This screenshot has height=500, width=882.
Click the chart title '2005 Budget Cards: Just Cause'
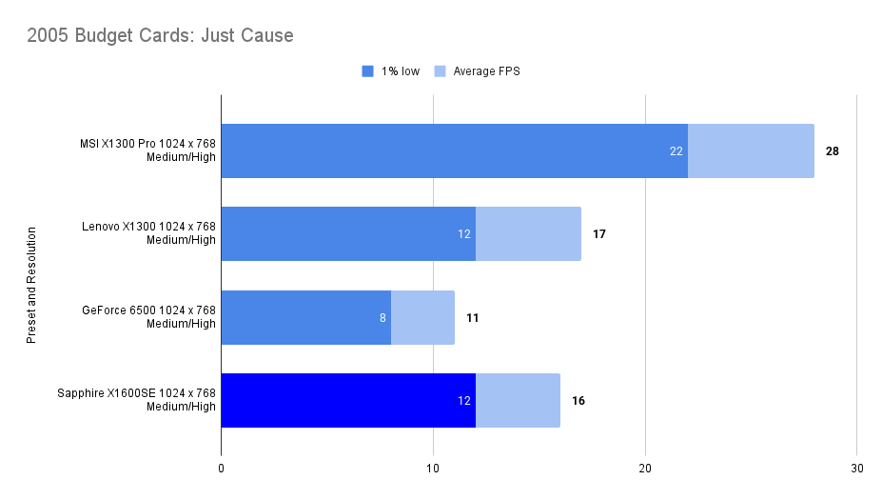pyautogui.click(x=160, y=36)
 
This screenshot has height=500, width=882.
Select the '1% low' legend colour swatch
pyautogui.click(x=368, y=71)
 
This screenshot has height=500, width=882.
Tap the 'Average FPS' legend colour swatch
pyautogui.click(x=440, y=71)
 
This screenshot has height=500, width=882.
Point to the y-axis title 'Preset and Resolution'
pyautogui.click(x=31, y=285)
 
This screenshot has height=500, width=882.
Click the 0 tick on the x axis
pyautogui.click(x=221, y=469)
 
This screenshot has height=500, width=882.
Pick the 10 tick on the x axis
pyautogui.click(x=433, y=469)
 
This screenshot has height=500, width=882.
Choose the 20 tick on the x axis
pyautogui.click(x=645, y=469)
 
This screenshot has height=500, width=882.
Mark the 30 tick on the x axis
pyautogui.click(x=857, y=469)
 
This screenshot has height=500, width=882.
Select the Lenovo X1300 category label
pyautogui.click(x=148, y=233)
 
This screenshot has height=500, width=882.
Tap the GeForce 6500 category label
pyautogui.click(x=148, y=317)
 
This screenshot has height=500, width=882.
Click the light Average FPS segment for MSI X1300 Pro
pyautogui.click(x=751, y=150)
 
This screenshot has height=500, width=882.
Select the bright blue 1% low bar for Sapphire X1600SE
pyautogui.click(x=347, y=400)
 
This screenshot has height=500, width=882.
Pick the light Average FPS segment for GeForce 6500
pyautogui.click(x=422, y=317)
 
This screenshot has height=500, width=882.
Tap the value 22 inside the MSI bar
pyautogui.click(x=677, y=150)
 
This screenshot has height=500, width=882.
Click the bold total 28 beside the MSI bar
pyautogui.click(x=833, y=150)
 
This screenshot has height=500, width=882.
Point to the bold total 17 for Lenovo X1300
pyautogui.click(x=599, y=233)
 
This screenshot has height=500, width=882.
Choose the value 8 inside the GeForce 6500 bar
pyautogui.click(x=382, y=317)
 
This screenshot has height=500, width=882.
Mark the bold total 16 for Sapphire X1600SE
pyautogui.click(x=578, y=400)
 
